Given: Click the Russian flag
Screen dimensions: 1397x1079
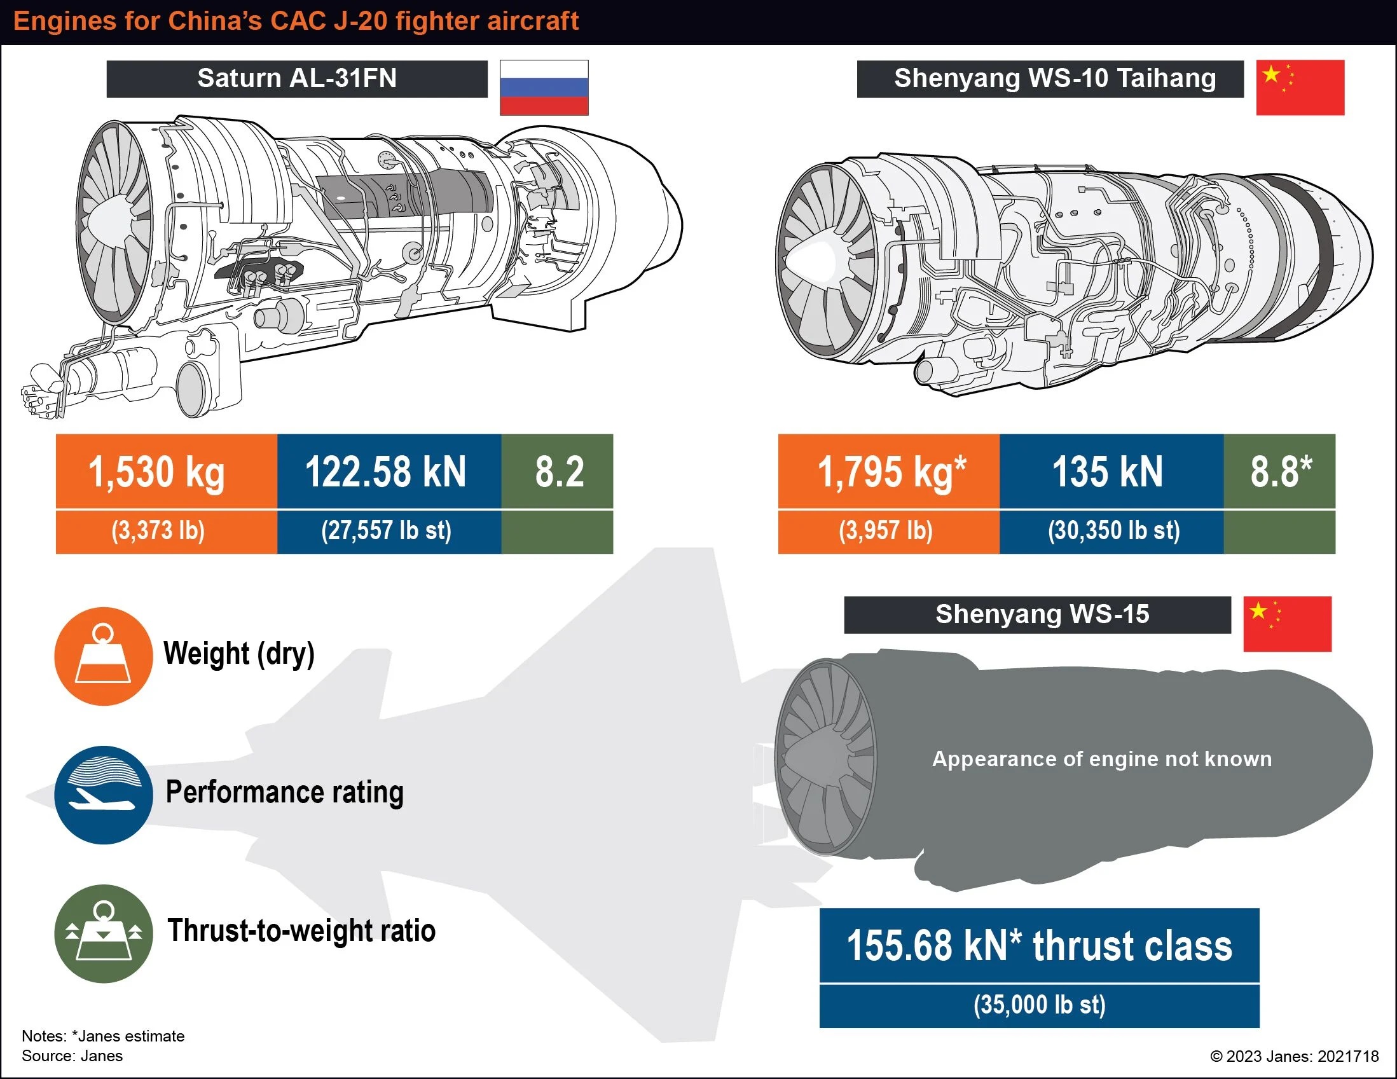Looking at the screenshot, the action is (x=544, y=88).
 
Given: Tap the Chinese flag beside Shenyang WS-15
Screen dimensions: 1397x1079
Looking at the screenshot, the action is (x=1287, y=624).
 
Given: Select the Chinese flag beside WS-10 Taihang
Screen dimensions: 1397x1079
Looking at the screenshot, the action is (x=1300, y=88).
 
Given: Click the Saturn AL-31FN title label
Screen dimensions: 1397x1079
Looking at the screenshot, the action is (x=297, y=79).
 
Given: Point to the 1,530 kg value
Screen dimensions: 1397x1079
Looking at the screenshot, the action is (x=156, y=472).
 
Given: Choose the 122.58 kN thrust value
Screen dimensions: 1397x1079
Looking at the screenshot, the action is (x=386, y=472).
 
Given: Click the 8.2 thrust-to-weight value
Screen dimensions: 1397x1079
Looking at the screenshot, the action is (x=560, y=472).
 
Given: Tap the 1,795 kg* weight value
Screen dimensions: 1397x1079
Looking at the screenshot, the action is (x=891, y=472).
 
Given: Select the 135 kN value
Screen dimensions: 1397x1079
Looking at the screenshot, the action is (x=1108, y=472).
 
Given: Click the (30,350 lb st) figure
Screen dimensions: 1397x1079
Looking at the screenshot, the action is (x=1113, y=531).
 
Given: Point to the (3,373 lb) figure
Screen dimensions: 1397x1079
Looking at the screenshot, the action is (x=158, y=531).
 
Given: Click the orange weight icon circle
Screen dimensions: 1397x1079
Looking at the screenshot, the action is (x=104, y=656).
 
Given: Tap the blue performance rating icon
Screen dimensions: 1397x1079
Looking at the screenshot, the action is (x=104, y=795).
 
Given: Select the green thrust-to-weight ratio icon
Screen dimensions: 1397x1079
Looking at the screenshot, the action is (x=104, y=934).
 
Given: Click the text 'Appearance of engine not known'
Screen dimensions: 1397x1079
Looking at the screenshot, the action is (x=1102, y=759).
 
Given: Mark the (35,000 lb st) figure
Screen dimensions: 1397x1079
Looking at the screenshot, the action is (x=1040, y=1005).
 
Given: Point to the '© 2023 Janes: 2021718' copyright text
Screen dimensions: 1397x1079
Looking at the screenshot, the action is (x=1295, y=1056).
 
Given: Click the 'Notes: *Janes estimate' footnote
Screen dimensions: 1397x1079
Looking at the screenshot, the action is (x=103, y=1036).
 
